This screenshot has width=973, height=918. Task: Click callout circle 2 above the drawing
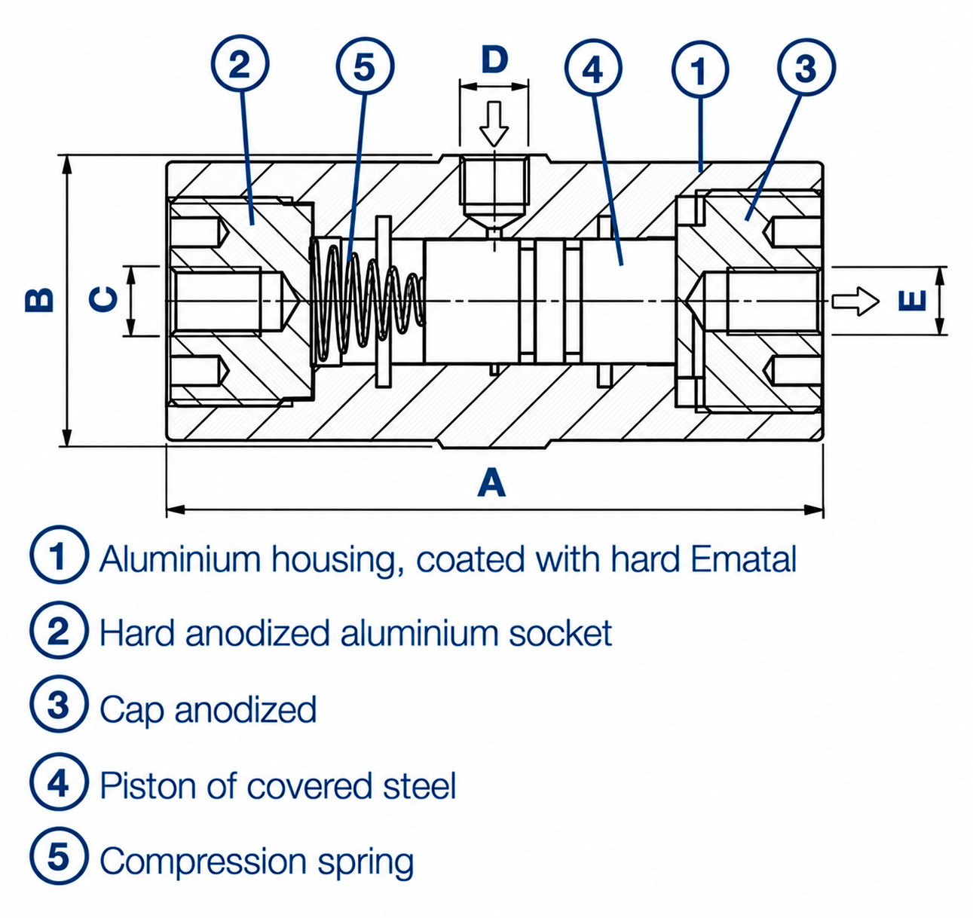[240, 64]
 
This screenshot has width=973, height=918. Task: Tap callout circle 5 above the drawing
[365, 66]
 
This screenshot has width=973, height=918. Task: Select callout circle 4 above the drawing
[593, 69]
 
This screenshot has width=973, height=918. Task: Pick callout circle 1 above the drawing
[700, 69]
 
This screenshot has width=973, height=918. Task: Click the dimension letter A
[491, 482]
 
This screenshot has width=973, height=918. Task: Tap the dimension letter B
[39, 299]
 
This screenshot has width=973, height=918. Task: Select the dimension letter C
[104, 299]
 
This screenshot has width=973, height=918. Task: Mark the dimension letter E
[913, 300]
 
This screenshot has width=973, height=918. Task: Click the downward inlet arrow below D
[494, 124]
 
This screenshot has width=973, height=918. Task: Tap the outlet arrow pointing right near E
[855, 301]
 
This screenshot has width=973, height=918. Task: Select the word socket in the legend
[561, 633]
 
